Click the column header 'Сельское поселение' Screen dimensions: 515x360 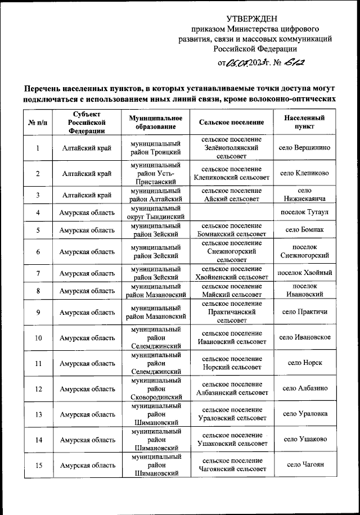(231, 122)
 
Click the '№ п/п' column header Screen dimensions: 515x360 (37, 122)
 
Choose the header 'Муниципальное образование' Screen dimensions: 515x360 (155, 122)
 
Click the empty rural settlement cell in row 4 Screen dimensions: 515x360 (231, 213)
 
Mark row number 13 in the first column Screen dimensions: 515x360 (37, 414)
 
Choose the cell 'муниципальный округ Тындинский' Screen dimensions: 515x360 (155, 213)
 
